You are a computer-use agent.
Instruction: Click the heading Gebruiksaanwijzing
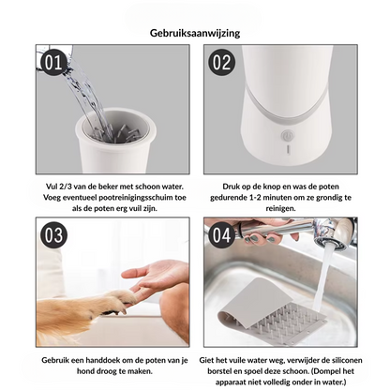195,33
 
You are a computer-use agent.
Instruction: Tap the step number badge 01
53,63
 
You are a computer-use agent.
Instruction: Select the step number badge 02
221,63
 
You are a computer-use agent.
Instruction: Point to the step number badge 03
53,235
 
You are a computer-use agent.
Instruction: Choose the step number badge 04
221,235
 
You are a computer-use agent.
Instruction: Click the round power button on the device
288,136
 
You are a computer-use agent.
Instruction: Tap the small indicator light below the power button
288,149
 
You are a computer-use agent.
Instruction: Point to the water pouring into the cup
86,97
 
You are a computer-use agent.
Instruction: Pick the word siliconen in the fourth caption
347,360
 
